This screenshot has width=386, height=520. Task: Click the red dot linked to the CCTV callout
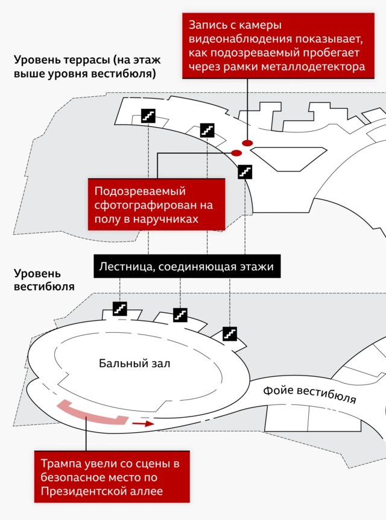pyautogui.click(x=247, y=143)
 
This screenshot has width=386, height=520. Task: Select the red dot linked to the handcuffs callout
pyautogui.click(x=236, y=153)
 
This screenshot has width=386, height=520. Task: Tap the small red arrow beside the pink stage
pyautogui.click(x=144, y=424)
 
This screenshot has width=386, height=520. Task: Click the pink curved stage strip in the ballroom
pyautogui.click(x=92, y=413)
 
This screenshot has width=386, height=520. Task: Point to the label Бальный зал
pyautogui.click(x=134, y=364)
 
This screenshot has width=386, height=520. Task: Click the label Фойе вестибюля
pyautogui.click(x=309, y=394)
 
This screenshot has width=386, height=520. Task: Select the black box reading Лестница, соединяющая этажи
pyautogui.click(x=187, y=266)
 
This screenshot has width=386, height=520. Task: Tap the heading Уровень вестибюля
pyautogui.click(x=44, y=280)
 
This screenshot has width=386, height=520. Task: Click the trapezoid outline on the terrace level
pyautogui.click(x=288, y=159)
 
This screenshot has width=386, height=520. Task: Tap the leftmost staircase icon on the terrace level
pyautogui.click(x=148, y=116)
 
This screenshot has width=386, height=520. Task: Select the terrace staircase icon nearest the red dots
pyautogui.click(x=245, y=172)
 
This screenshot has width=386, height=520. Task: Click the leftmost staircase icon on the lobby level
pyautogui.click(x=119, y=309)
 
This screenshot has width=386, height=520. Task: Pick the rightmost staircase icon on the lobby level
pyautogui.click(x=230, y=334)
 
